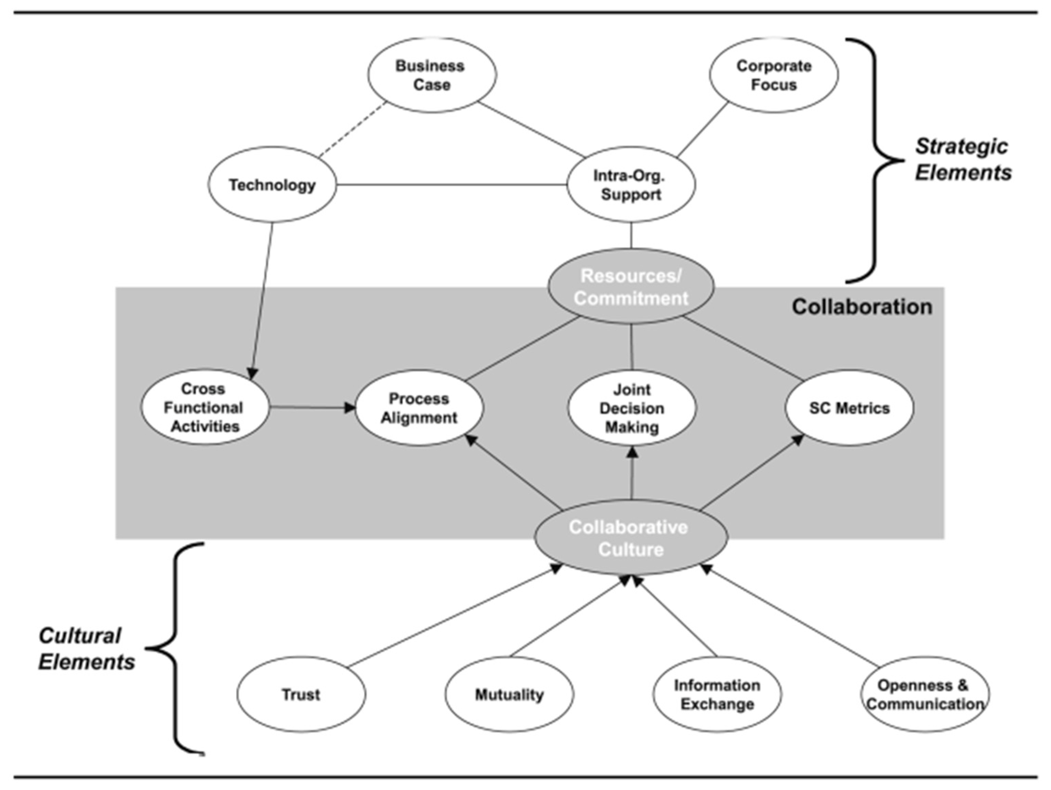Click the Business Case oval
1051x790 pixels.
point(431,75)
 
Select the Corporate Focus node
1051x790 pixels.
point(774,75)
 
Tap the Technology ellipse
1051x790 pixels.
point(272,184)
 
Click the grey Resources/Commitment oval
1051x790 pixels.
point(631,287)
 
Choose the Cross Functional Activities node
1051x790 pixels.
point(204,408)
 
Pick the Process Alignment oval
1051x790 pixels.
point(419,408)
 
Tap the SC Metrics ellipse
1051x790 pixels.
point(849,408)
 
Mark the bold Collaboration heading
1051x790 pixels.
point(862,307)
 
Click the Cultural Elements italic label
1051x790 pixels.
point(86,648)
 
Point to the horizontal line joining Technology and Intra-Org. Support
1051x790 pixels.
point(451,184)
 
